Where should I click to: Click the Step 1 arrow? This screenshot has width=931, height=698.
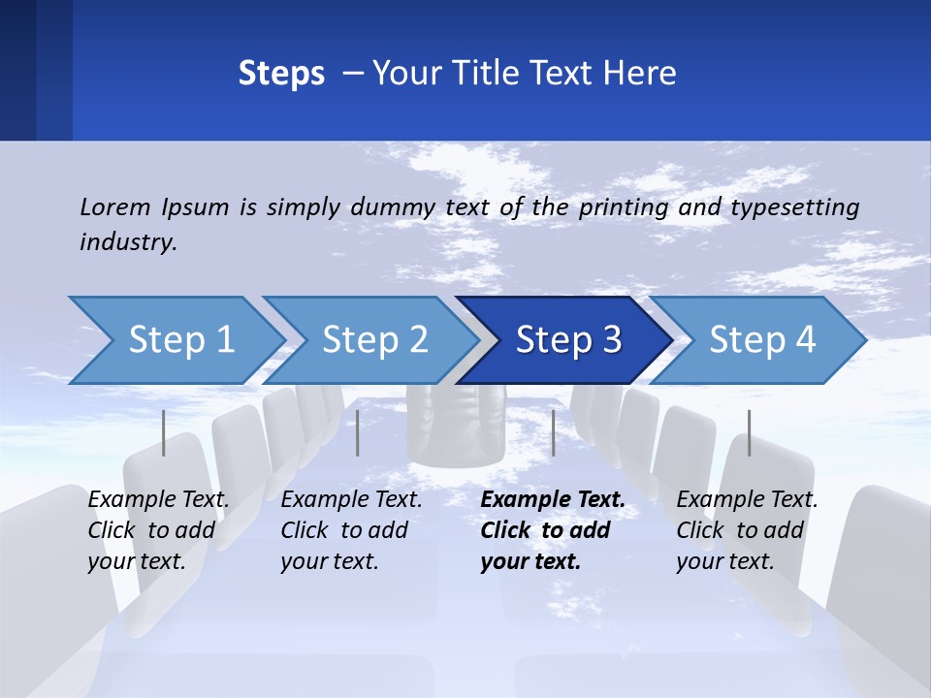click(x=180, y=340)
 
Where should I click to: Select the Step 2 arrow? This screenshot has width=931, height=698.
click(x=374, y=340)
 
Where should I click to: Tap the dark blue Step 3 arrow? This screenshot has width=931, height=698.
click(x=568, y=340)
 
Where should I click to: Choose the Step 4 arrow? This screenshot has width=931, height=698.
click(x=762, y=340)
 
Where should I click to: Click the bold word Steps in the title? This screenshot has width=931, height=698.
click(x=281, y=74)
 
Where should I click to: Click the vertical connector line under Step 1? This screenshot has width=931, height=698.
click(x=164, y=432)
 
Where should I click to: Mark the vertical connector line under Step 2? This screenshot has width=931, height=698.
click(x=358, y=432)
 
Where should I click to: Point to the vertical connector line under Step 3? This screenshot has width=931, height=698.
click(x=553, y=432)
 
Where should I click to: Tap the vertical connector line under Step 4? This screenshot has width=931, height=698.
click(x=749, y=432)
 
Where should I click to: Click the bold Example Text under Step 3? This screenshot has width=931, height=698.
click(x=553, y=500)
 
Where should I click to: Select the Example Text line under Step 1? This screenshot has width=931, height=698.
click(x=158, y=500)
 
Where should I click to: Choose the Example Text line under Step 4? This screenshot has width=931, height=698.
click(x=747, y=500)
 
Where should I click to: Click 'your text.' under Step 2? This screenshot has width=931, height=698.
click(x=330, y=561)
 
